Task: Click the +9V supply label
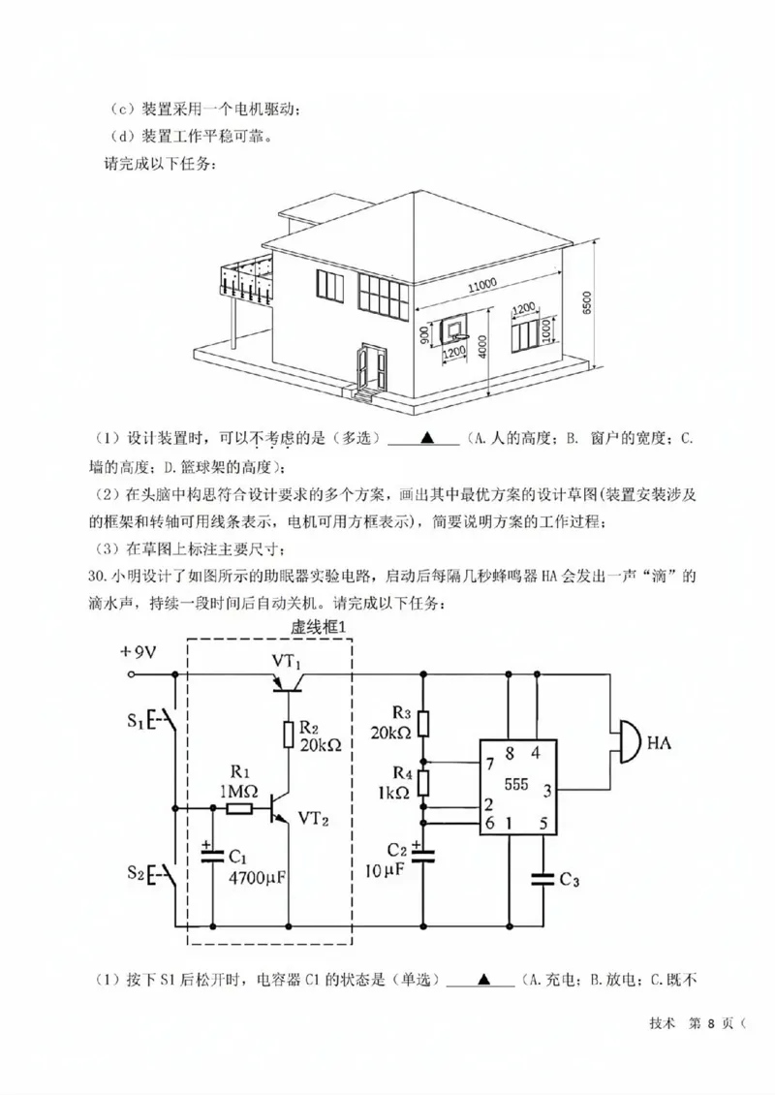pyautogui.click(x=138, y=652)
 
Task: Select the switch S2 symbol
pyautogui.click(x=163, y=875)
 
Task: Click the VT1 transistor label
pyautogui.click(x=287, y=662)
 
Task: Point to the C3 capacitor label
pyautogui.click(x=569, y=880)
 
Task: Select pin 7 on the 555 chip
pyautogui.click(x=490, y=765)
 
